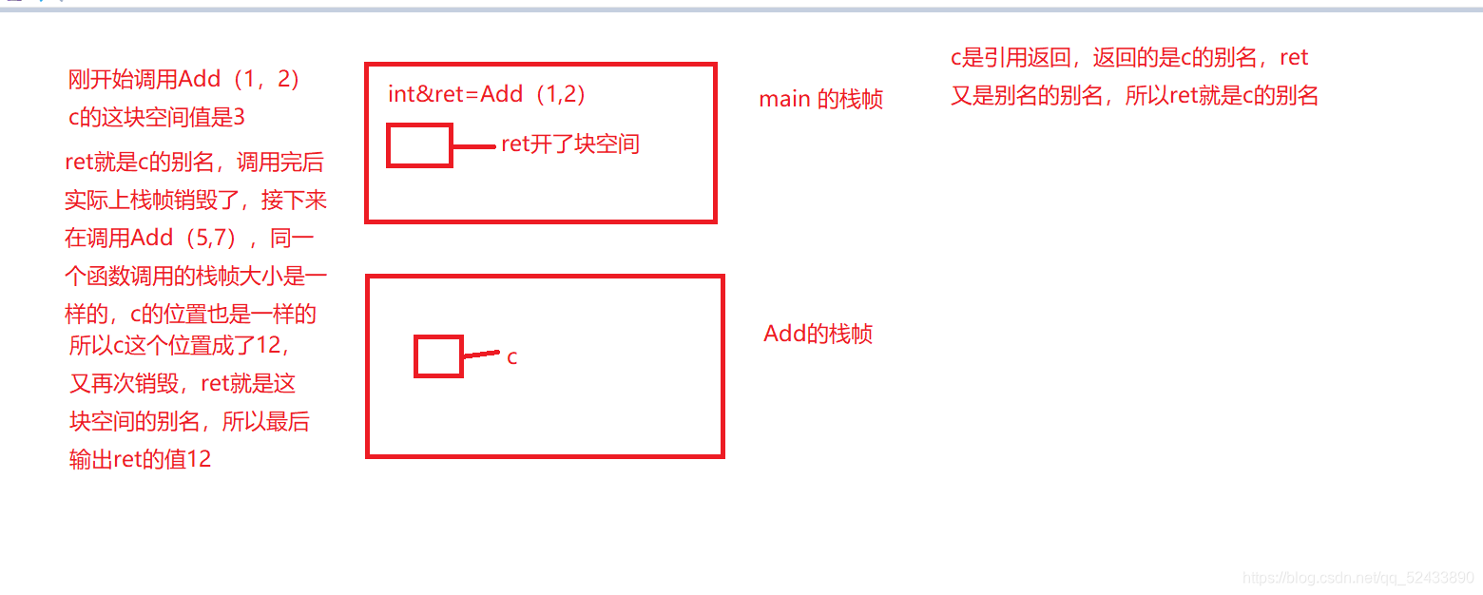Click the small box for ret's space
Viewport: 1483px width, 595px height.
419,145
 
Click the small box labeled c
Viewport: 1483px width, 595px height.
438,356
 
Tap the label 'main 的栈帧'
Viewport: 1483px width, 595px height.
820,99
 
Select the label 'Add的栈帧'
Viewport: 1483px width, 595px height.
818,334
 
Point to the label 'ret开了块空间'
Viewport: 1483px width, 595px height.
570,144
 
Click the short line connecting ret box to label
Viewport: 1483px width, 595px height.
474,146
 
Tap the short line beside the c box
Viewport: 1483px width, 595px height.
481,355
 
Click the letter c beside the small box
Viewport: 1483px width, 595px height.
511,357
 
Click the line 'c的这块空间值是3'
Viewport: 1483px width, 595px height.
157,118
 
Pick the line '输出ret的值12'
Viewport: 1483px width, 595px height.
140,460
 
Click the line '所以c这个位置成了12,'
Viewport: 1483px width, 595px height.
178,345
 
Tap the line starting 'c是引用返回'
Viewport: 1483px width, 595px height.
1129,58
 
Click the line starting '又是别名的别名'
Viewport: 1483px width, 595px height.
1134,96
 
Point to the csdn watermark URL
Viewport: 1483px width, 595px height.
1358,577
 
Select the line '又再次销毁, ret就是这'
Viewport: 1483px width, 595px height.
183,383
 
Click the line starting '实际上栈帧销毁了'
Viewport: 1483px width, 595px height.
196,201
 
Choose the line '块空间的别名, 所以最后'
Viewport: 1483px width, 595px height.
189,421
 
